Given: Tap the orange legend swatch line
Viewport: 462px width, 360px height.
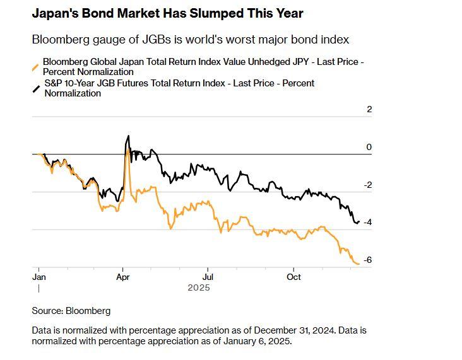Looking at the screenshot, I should pos(36,67).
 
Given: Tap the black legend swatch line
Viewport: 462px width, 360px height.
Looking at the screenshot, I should pos(36,88).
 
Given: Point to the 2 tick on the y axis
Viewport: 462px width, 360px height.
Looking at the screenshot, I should pos(369,109).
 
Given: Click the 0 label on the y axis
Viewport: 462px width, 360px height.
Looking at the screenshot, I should pos(369,147).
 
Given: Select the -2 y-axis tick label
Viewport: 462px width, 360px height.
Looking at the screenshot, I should pos(367,185).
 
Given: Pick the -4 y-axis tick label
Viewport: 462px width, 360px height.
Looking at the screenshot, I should pos(367,222).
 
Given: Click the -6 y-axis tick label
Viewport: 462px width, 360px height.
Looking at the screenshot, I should pos(367,260).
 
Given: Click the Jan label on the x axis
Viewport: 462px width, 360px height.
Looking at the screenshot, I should pos(39,276).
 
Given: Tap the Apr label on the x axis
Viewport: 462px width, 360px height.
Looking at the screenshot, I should pos(123,276).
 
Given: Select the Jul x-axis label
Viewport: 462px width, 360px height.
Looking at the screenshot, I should pos(207,276).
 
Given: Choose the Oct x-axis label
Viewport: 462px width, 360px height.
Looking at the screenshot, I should pos(293,276).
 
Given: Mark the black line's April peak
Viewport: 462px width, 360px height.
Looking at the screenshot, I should pos(129,136).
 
